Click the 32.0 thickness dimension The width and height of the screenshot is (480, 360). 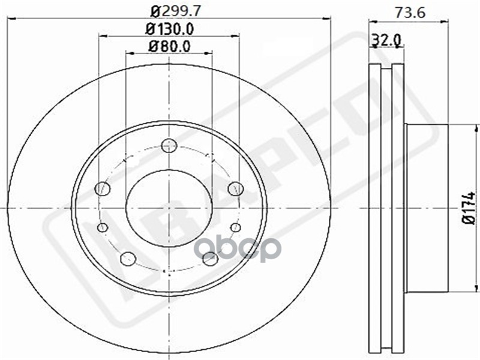(x=386, y=40)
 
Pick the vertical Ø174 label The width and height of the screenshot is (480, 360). (x=469, y=208)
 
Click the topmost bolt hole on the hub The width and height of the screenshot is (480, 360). (x=169, y=145)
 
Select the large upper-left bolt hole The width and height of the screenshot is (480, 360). (x=103, y=188)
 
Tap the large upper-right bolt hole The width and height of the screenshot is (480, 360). (x=236, y=188)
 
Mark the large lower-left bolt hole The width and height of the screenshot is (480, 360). (x=128, y=259)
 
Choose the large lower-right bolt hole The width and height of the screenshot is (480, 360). (x=210, y=259)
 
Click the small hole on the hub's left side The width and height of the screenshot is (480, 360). (x=103, y=227)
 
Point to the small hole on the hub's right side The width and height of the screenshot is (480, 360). (x=236, y=227)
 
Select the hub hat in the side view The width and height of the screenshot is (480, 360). (x=427, y=208)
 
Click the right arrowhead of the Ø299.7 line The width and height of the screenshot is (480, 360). (x=328, y=19)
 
